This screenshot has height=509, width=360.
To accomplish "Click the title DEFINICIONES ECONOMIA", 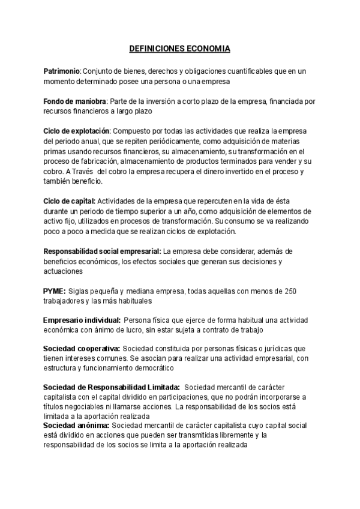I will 180,48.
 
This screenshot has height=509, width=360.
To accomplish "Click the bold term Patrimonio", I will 62,71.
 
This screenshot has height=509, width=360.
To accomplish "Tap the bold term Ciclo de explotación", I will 76,130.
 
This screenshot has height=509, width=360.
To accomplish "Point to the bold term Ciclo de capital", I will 69,200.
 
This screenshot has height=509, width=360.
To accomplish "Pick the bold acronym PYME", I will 54,291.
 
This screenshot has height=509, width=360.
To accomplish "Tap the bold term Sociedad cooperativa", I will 82,349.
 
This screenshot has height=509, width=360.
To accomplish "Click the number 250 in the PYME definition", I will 290,291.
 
